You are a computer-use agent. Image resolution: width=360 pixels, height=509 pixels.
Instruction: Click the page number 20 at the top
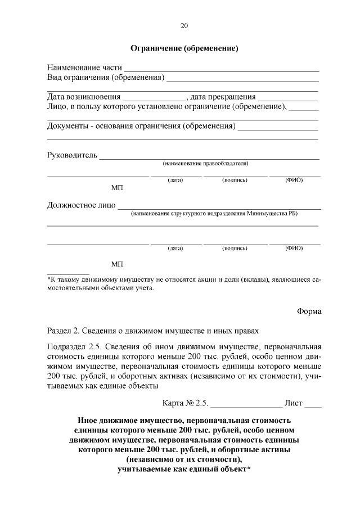(184, 26)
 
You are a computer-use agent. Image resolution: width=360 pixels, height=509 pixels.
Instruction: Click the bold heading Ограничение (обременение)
(184, 49)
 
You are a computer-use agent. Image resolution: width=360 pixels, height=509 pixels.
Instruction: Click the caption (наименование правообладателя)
(205, 164)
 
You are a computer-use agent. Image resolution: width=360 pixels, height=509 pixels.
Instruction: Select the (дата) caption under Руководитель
(175, 180)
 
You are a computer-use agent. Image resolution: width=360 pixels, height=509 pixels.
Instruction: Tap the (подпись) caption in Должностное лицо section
(235, 247)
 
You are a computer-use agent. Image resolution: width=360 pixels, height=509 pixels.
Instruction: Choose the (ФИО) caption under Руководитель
(294, 180)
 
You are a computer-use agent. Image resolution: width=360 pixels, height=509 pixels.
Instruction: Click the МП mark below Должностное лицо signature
(117, 264)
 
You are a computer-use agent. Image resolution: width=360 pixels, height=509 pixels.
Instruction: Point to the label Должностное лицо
(81, 205)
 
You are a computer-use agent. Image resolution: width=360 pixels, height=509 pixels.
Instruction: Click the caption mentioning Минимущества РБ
(213, 214)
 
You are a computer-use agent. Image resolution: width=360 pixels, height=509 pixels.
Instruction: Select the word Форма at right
(309, 312)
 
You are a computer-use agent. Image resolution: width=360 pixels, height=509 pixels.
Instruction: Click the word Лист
(294, 403)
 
